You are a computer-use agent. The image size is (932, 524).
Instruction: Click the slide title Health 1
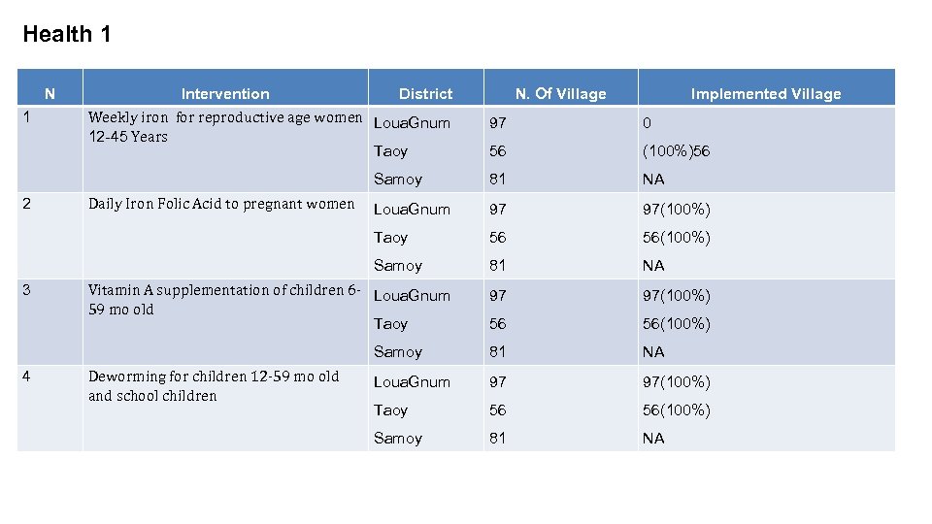pyautogui.click(x=67, y=35)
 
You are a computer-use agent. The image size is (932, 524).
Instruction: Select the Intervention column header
pyautogui.click(x=225, y=94)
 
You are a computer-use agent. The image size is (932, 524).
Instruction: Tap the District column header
pyautogui.click(x=425, y=94)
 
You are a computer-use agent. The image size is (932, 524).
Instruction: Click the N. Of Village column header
pyautogui.click(x=560, y=94)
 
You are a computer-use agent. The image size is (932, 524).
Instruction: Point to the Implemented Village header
pyautogui.click(x=765, y=94)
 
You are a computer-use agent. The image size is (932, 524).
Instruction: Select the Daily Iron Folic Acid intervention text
pyautogui.click(x=221, y=204)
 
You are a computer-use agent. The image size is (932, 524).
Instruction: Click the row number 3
pyautogui.click(x=26, y=289)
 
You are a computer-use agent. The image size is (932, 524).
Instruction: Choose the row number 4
pyautogui.click(x=26, y=376)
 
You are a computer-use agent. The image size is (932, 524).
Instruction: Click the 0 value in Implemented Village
pyautogui.click(x=647, y=124)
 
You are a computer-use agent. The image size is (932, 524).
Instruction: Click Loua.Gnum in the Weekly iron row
pyautogui.click(x=412, y=124)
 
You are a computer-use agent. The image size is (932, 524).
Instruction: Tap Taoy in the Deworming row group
pyautogui.click(x=390, y=410)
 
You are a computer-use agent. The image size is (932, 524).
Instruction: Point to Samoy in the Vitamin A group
pyautogui.click(x=398, y=352)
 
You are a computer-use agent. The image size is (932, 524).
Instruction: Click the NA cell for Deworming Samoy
pyautogui.click(x=653, y=439)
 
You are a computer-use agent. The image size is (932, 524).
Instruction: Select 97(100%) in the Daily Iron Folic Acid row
pyautogui.click(x=676, y=210)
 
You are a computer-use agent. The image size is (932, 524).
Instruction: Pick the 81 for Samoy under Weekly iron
pyautogui.click(x=498, y=180)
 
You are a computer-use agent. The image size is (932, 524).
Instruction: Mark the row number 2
pyautogui.click(x=26, y=203)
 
